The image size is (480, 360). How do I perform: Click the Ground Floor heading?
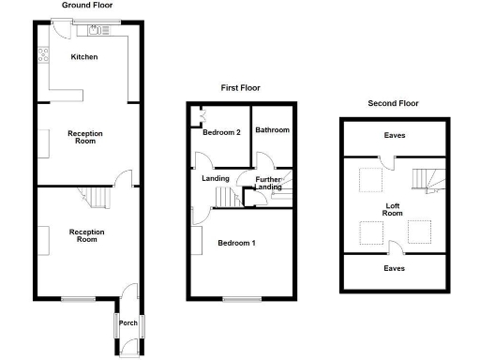(88, 6)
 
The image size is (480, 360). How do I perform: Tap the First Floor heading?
(240, 88)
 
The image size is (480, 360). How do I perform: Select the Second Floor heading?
(393, 103)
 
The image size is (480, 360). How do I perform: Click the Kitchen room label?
(84, 57)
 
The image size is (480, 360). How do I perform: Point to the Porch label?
(128, 323)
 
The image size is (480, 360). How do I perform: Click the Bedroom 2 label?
(223, 132)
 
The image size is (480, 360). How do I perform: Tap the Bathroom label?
(273, 129)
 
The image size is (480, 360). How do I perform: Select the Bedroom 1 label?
(237, 244)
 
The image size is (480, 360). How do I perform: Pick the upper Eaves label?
(395, 136)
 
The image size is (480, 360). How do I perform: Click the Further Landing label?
(268, 183)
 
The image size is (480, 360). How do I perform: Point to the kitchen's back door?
(61, 31)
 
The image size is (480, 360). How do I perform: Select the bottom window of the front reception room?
(75, 299)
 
